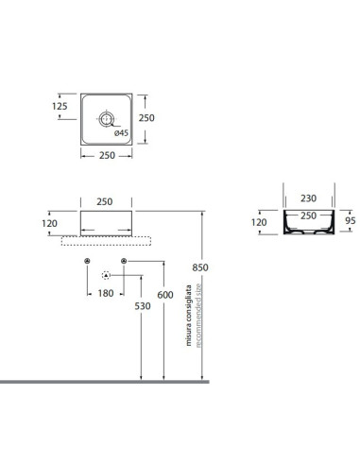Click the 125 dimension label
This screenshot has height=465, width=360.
pos(60,106)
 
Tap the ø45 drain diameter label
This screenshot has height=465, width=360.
pos(121,133)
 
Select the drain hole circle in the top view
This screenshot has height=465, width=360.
pos(106,119)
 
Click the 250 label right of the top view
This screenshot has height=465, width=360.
pos(146,118)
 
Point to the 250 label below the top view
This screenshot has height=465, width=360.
pos(107,155)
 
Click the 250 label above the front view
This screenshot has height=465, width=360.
pos(105,201)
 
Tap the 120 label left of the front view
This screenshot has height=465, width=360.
pos(49,223)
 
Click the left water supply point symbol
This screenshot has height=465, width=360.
pos(88,261)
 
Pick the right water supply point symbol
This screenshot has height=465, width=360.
pos(124,261)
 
